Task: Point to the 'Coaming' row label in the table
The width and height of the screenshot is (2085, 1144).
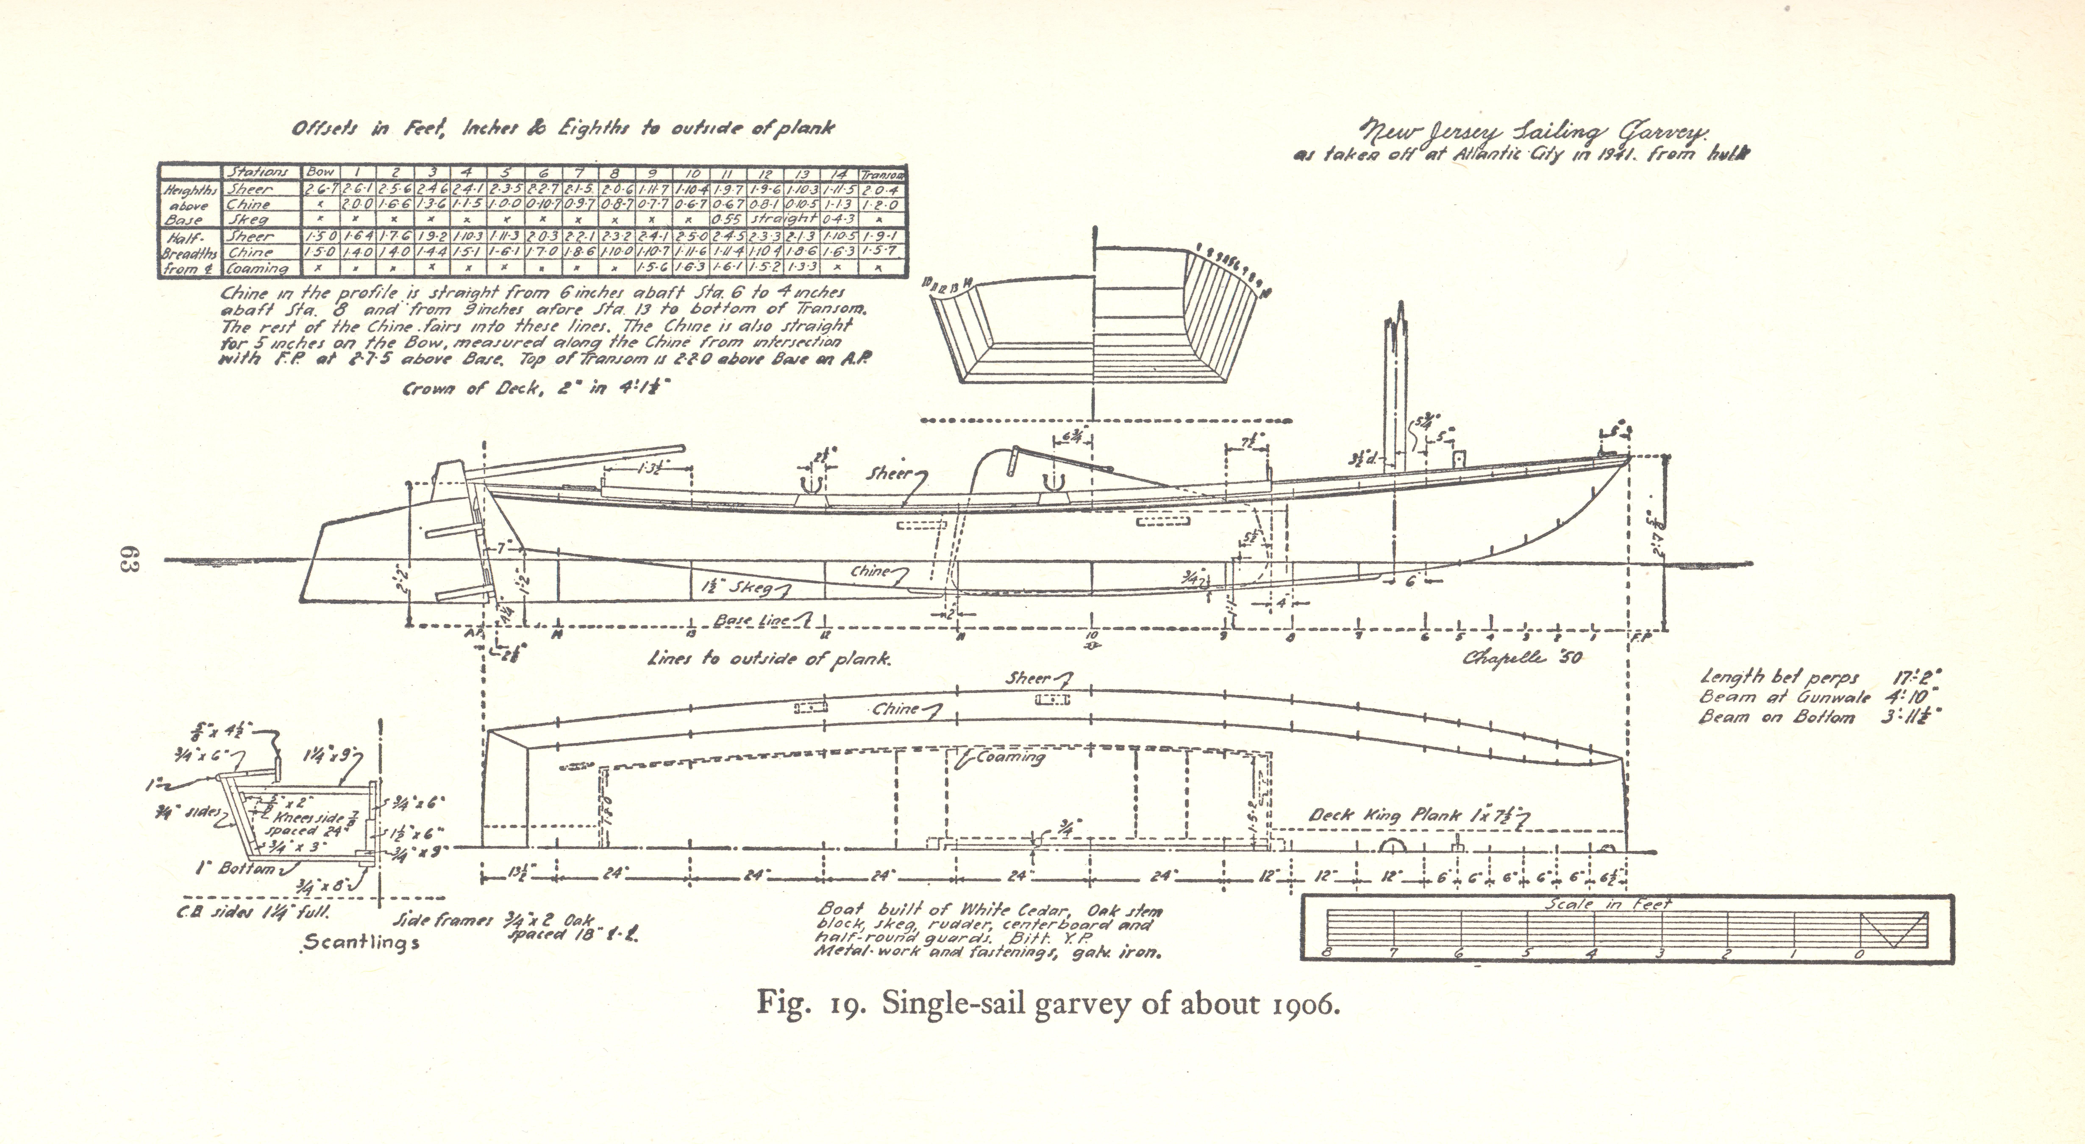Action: pos(257,268)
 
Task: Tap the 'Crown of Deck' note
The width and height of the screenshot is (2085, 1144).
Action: pos(538,389)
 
